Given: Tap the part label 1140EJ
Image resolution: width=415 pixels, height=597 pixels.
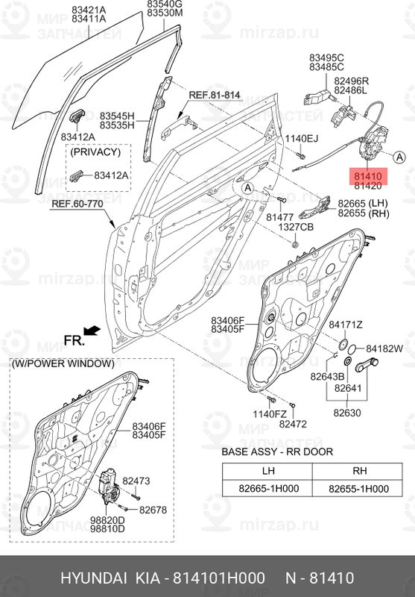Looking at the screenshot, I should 301,140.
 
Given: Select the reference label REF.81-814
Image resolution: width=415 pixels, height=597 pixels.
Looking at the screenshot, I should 215,96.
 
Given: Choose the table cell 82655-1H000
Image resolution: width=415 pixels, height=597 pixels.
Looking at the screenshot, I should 358,488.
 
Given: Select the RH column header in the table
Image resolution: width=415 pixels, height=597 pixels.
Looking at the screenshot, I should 358,470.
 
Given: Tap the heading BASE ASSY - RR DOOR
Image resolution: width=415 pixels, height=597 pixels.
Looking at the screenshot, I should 277,452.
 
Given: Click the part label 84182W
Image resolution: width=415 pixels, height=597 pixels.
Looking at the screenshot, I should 384,348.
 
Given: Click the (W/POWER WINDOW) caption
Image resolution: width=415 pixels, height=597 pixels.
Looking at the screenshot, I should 63,364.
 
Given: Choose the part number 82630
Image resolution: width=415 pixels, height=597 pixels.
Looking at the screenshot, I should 347,410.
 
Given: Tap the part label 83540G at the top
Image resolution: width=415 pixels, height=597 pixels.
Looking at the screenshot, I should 165,4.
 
